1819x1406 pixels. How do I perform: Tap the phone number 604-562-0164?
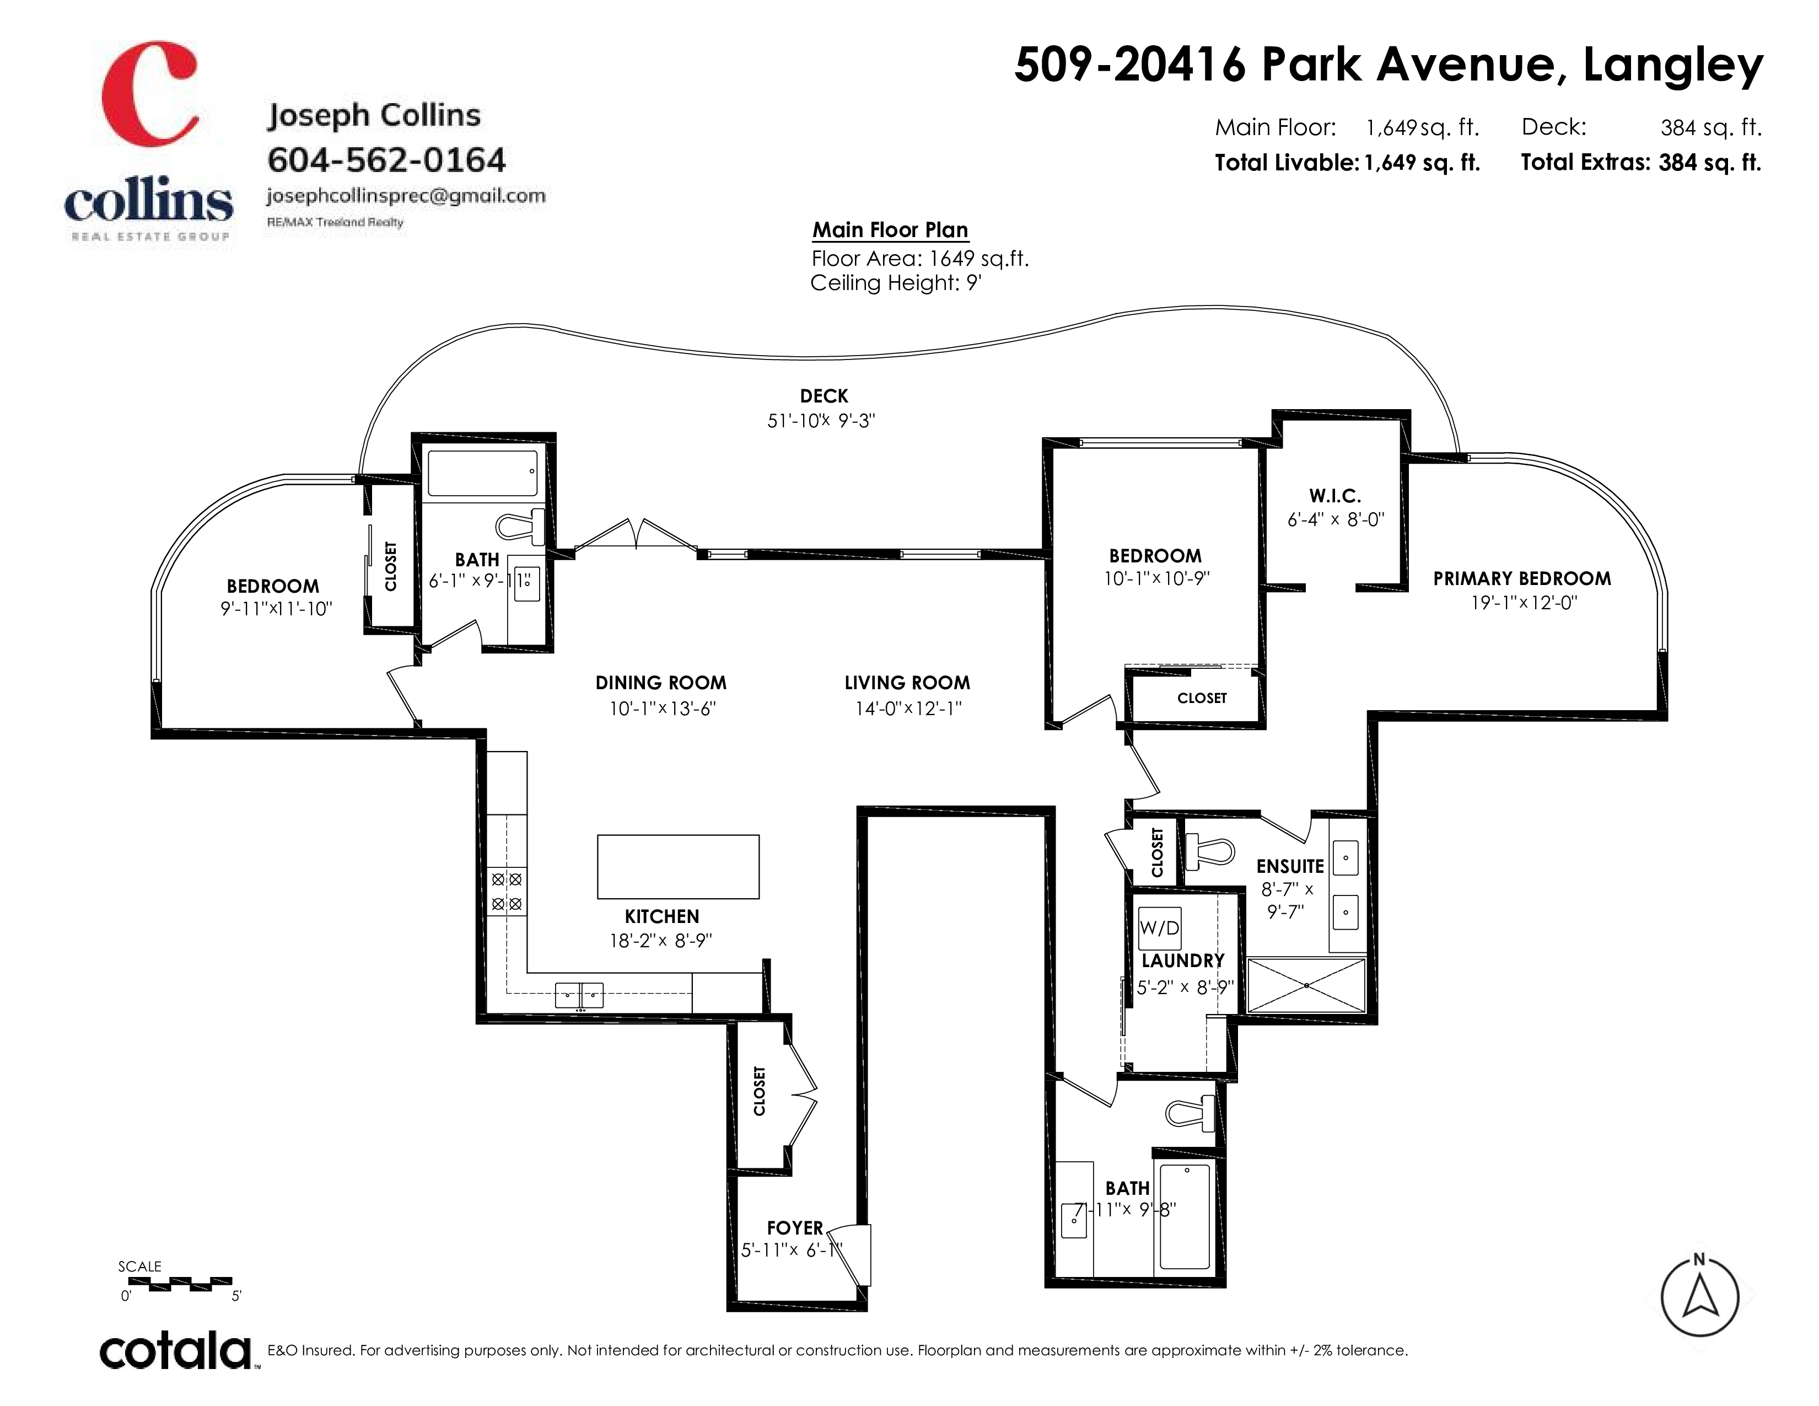(386, 160)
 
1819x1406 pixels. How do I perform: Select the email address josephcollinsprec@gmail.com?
(406, 196)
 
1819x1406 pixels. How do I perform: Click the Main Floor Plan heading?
(890, 230)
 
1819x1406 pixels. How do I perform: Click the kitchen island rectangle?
(678, 866)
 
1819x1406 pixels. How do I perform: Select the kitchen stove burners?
(507, 891)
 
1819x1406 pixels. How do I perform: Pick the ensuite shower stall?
(1307, 985)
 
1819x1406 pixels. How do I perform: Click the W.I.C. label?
(1335, 496)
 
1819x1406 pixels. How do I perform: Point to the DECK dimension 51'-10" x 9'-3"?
(821, 421)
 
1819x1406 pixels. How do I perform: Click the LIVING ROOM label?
(907, 683)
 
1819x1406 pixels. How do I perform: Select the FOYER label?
(794, 1228)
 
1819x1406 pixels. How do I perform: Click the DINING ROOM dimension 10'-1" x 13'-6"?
(661, 709)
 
